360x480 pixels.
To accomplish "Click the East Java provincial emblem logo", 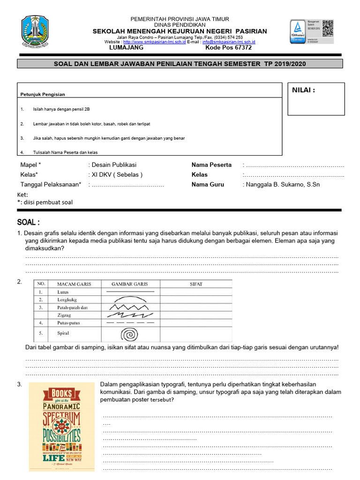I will point(35,32).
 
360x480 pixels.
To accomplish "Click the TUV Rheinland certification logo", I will point(298,31).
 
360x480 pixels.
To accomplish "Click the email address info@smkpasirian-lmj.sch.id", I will point(229,42).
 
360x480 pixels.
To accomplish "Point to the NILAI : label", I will point(304,90).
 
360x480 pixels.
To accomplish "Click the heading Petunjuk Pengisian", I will point(43,94).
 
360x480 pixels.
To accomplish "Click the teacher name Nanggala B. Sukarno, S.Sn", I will point(281,185).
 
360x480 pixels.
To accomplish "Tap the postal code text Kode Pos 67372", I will point(228,48).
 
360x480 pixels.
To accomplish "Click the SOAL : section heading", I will point(29,222).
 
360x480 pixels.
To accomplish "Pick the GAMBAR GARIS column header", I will point(130,284).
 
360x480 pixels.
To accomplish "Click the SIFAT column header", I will point(196,284).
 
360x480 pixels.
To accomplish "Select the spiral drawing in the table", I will point(129,334).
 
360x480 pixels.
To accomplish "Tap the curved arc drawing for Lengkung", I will point(129,299).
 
